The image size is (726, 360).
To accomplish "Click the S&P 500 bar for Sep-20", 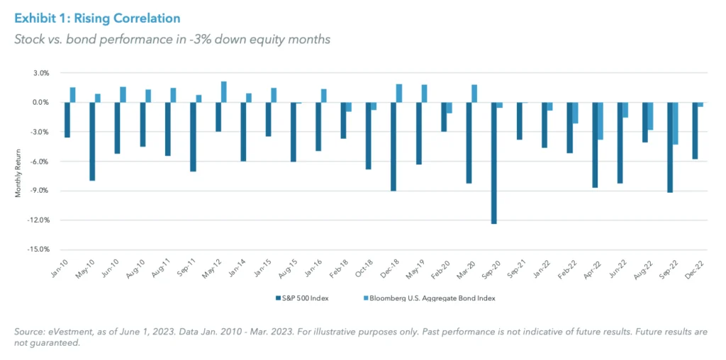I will coord(494,163).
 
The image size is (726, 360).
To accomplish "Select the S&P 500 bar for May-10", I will coord(92,142).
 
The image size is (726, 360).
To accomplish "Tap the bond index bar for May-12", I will coord(224,92).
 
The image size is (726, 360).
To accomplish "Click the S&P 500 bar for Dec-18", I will coord(393,147).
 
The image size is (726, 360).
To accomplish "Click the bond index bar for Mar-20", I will coord(474,94).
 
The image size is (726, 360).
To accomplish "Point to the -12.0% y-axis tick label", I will coord(40,220).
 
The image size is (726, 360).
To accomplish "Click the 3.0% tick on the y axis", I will coord(41,73).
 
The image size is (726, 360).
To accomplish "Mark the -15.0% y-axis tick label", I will coord(40,249).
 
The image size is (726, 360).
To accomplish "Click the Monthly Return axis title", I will coord(18,161).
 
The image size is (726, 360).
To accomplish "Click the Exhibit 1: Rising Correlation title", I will coord(98,18).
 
